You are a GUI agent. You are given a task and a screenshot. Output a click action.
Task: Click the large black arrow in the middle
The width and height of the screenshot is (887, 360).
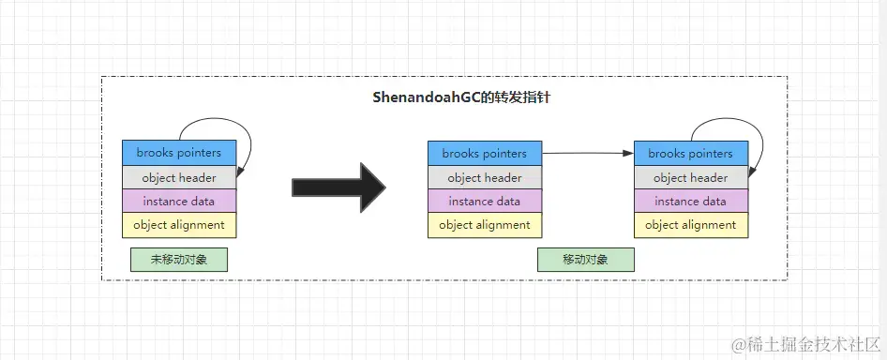coord(338,187)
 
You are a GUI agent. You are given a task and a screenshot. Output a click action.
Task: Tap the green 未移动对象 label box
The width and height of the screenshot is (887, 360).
coord(179,260)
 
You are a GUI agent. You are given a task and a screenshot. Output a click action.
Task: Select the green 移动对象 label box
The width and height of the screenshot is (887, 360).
coord(585,260)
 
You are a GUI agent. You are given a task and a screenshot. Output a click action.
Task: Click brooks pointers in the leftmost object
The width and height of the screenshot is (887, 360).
coord(179,153)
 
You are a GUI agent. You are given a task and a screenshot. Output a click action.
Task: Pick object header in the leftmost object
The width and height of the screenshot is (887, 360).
coord(179,177)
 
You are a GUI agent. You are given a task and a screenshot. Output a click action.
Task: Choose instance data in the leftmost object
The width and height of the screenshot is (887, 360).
coord(179,201)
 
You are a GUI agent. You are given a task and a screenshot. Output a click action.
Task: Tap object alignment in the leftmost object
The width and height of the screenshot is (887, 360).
coord(179,225)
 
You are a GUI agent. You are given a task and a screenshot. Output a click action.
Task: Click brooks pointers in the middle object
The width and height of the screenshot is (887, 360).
coord(484,153)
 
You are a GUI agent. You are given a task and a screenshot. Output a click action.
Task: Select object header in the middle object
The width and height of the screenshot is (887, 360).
coord(484,177)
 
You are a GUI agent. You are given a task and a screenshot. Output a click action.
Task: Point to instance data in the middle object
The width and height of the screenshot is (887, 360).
coord(484,201)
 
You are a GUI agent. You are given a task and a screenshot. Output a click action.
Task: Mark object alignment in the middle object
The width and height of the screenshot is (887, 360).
coord(484,225)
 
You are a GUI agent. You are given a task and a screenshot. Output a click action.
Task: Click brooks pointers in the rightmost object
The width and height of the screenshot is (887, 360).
coord(690,153)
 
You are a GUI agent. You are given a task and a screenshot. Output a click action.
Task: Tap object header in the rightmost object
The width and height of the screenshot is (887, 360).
coord(690,177)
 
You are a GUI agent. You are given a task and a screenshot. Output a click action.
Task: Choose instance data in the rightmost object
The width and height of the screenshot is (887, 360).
coord(690,201)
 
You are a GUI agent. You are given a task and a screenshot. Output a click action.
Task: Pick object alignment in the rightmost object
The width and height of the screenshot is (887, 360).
coord(690,225)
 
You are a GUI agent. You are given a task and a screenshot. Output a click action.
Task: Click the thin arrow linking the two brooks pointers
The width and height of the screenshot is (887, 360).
coord(587,152)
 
